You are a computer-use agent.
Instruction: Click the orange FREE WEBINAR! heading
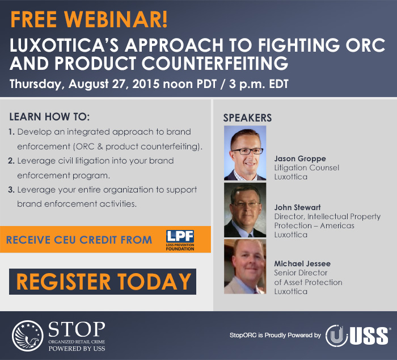pyautogui.click(x=89, y=19)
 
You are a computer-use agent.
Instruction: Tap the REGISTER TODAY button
pyautogui.click(x=103, y=282)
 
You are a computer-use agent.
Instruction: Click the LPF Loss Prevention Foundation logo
pyautogui.click(x=180, y=240)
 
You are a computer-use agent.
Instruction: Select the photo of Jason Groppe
pyautogui.click(x=245, y=153)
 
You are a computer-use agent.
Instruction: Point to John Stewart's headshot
pyautogui.click(x=245, y=210)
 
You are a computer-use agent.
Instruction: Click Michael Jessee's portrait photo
pyautogui.click(x=245, y=266)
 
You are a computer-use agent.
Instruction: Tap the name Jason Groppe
pyautogui.click(x=300, y=159)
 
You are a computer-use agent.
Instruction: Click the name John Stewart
pyautogui.click(x=298, y=207)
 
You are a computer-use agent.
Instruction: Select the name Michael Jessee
pyautogui.click(x=302, y=263)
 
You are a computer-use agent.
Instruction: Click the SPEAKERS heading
pyautogui.click(x=247, y=118)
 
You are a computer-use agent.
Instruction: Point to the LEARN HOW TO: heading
pyautogui.click(x=50, y=117)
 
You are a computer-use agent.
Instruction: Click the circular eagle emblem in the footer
pyautogui.click(x=28, y=336)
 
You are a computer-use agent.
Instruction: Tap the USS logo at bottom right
pyautogui.click(x=357, y=336)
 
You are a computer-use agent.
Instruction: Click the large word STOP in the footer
pyautogui.click(x=77, y=329)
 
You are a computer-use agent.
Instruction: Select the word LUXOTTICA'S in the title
pyautogui.click(x=64, y=45)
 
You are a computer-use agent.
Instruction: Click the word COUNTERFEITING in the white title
pyautogui.click(x=215, y=63)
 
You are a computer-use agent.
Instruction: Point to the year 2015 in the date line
pyautogui.click(x=146, y=84)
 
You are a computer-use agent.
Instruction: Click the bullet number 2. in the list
pyautogui.click(x=11, y=161)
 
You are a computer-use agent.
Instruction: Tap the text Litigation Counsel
pyautogui.click(x=307, y=168)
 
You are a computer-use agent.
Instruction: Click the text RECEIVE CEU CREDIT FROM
pyautogui.click(x=79, y=240)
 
